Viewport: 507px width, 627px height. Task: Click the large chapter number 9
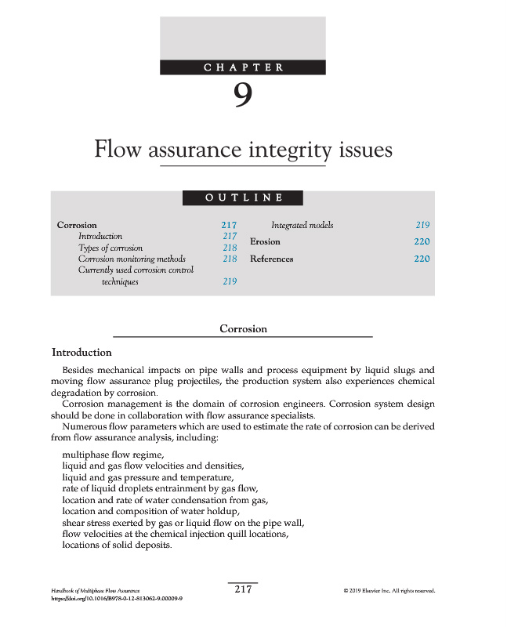[243, 96]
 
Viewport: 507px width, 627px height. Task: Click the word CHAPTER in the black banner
[243, 67]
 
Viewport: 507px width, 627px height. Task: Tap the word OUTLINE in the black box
[243, 198]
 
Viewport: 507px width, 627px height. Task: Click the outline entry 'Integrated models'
[302, 226]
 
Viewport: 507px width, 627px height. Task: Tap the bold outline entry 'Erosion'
[265, 242]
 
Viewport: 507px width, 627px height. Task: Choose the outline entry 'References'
[271, 259]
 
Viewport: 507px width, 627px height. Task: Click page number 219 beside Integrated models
[422, 226]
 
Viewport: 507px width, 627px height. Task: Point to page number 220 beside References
[422, 259]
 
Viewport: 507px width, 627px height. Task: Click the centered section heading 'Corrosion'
[243, 329]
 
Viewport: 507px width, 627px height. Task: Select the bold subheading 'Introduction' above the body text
[81, 353]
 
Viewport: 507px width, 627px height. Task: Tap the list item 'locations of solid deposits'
[117, 545]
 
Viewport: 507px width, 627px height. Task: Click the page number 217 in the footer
[243, 590]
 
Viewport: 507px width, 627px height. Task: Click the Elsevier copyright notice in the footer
[389, 590]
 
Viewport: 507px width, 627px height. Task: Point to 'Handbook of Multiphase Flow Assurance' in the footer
[98, 590]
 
